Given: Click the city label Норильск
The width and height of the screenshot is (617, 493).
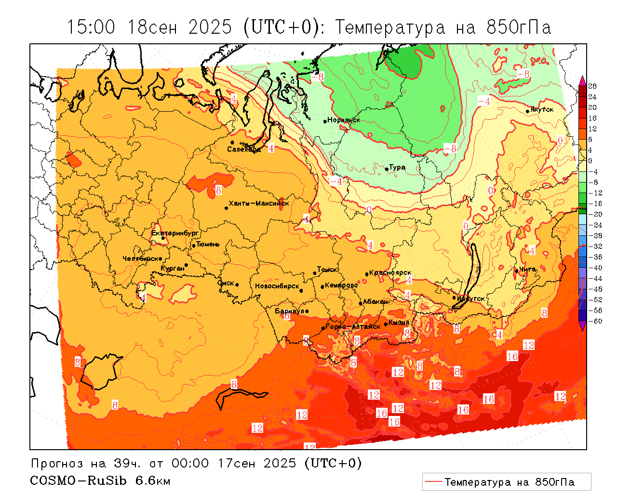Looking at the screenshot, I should (344, 120).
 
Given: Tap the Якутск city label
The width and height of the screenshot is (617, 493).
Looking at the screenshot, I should (542, 109).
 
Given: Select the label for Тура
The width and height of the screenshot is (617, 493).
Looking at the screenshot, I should (397, 168).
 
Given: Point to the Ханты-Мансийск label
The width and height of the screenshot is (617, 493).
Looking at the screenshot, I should (259, 203).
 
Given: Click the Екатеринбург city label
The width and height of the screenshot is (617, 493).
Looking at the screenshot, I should (175, 233).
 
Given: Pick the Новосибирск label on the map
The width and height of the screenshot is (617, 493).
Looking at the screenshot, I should (277, 286).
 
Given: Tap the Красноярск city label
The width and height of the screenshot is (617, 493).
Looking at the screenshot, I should (390, 273).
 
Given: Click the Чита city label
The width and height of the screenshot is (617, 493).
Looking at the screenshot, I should (527, 269).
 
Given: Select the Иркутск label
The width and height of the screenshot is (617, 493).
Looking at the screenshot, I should (470, 298).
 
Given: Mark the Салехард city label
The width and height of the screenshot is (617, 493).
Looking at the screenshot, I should (244, 149).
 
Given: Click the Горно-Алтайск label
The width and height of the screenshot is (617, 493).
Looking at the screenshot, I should (353, 326).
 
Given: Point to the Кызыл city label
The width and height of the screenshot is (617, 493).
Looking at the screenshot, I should (399, 322).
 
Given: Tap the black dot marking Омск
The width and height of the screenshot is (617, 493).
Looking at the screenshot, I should (237, 285).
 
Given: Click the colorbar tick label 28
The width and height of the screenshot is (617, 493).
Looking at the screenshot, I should (592, 86).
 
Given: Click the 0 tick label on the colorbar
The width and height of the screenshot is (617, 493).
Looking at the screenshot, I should (590, 161).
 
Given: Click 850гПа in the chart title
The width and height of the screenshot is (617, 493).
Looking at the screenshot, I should (519, 27).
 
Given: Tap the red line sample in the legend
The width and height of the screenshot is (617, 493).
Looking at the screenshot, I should (433, 481).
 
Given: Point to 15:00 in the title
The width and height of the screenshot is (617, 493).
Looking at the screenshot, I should (92, 27).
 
